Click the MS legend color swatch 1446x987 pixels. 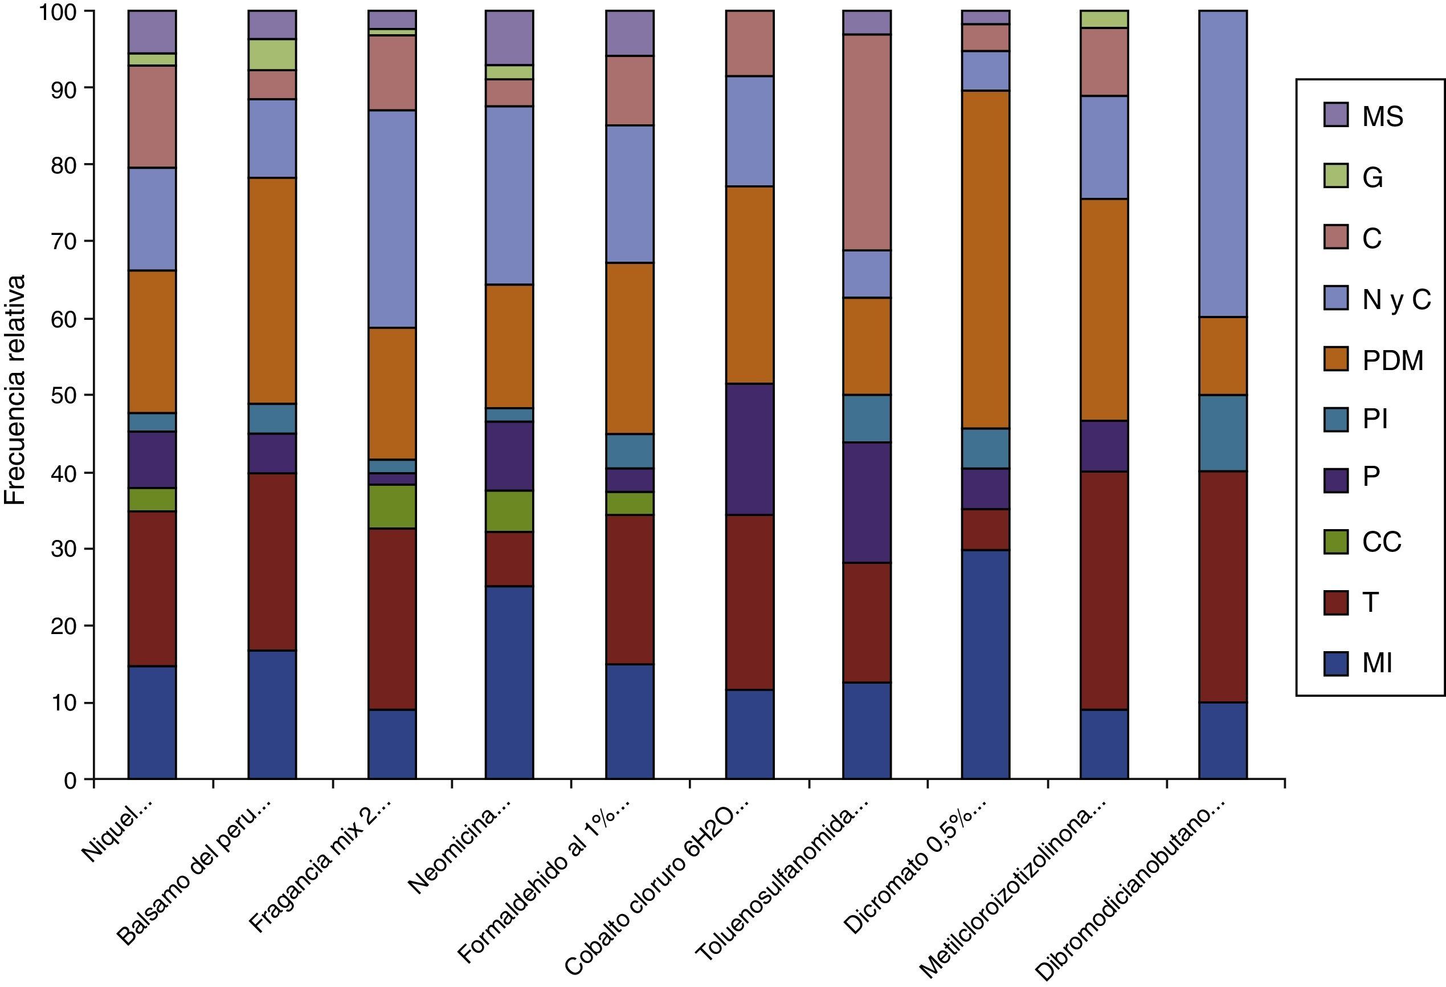coord(1336,115)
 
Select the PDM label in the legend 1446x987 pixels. coord(1392,360)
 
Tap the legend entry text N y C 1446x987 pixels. coord(1396,299)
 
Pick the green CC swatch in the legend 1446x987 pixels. coord(1336,542)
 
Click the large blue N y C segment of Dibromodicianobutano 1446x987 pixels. coord(1223,164)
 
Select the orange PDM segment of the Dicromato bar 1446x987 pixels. coord(986,259)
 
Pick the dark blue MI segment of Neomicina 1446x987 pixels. coord(509,683)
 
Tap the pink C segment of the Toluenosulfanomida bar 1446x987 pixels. coord(867,143)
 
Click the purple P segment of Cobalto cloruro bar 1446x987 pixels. coord(750,449)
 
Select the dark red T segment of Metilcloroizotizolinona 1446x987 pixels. coord(1104,590)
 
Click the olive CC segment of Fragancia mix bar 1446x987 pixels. coord(392,507)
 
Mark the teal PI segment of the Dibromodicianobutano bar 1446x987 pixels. coord(1223,433)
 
